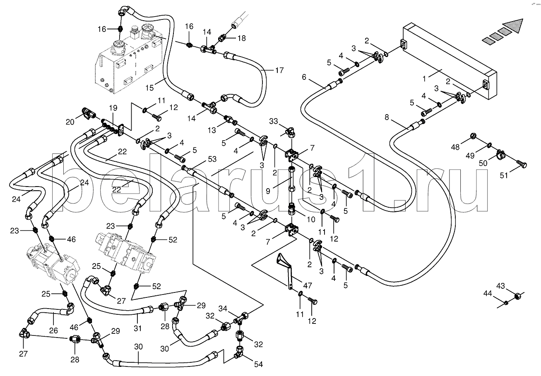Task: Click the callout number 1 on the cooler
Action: click(424, 79)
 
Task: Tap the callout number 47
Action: click(308, 286)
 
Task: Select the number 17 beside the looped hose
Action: click(279, 70)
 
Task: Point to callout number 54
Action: click(258, 364)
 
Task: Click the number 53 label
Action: click(212, 159)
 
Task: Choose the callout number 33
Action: click(274, 121)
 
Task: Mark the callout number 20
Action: click(70, 122)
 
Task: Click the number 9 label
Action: click(268, 191)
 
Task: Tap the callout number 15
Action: click(150, 88)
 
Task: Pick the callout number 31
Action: click(138, 328)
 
